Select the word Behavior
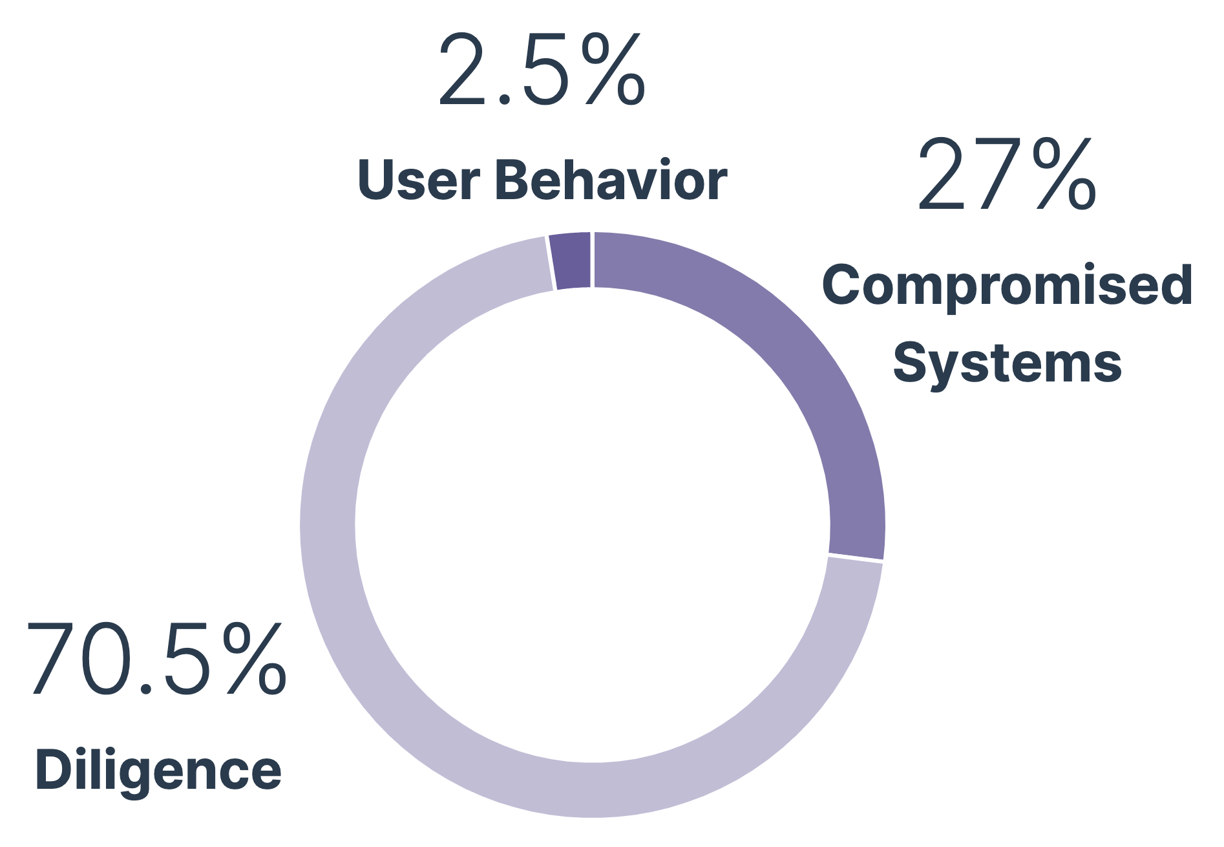(x=611, y=180)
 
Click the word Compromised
(x=1007, y=286)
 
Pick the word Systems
(x=1007, y=363)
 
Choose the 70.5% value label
(x=156, y=659)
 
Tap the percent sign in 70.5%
(x=254, y=659)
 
